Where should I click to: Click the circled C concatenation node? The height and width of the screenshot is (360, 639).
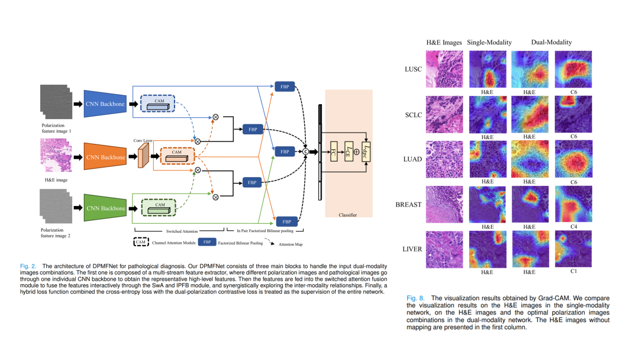[306, 152]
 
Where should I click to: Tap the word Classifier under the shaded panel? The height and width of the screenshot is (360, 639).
[348, 215]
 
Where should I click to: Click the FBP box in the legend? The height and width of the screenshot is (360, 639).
[206, 242]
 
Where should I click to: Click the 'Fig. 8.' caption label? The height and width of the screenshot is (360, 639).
[416, 297]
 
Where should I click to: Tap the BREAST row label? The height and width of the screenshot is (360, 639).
[408, 204]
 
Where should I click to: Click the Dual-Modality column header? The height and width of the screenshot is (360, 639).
[551, 42]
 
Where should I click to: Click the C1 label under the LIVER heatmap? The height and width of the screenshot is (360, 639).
[573, 272]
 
